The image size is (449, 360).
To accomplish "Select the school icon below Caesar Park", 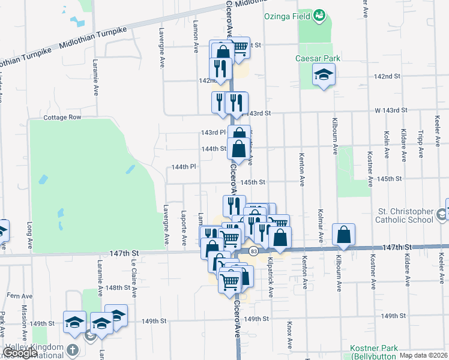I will (x=324, y=74).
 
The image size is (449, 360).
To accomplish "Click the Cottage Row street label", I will (x=62, y=117).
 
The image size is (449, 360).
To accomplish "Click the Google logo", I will (x=20, y=353).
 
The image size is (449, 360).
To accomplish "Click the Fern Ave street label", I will (x=19, y=296).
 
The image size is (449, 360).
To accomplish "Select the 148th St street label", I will (x=118, y=288).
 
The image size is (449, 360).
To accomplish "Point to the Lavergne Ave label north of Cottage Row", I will (x=161, y=48).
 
